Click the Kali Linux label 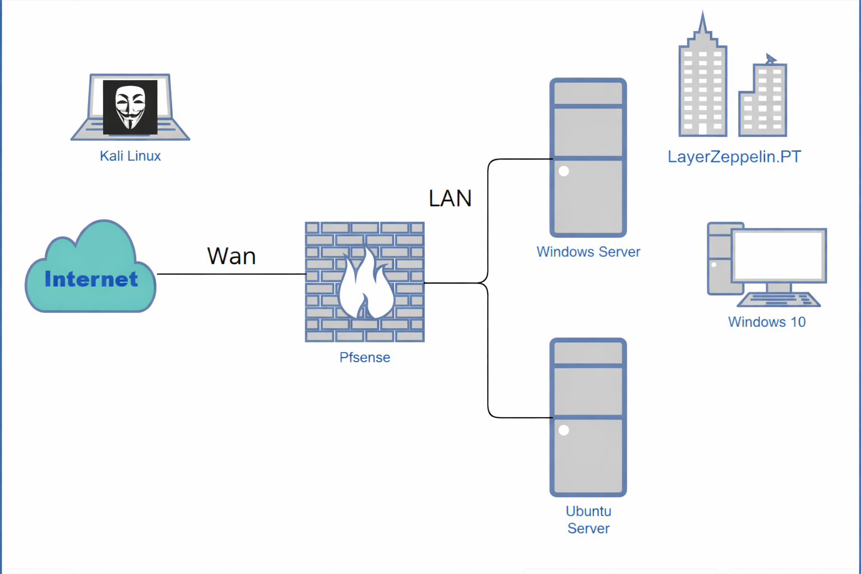click(130, 156)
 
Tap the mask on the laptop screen click(130, 107)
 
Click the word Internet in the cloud click(91, 279)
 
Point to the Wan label click(232, 256)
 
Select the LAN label click(450, 198)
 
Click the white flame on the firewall click(367, 285)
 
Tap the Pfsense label click(365, 358)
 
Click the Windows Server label click(589, 252)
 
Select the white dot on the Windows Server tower click(564, 171)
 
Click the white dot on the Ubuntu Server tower click(564, 430)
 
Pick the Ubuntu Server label click(589, 520)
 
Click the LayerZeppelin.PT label click(734, 157)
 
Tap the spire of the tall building click(703, 23)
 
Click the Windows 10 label click(767, 322)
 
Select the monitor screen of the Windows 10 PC click(779, 255)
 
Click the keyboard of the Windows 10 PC click(779, 300)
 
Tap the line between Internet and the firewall click(232, 274)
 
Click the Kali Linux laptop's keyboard click(130, 129)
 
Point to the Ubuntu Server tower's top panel click(588, 94)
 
